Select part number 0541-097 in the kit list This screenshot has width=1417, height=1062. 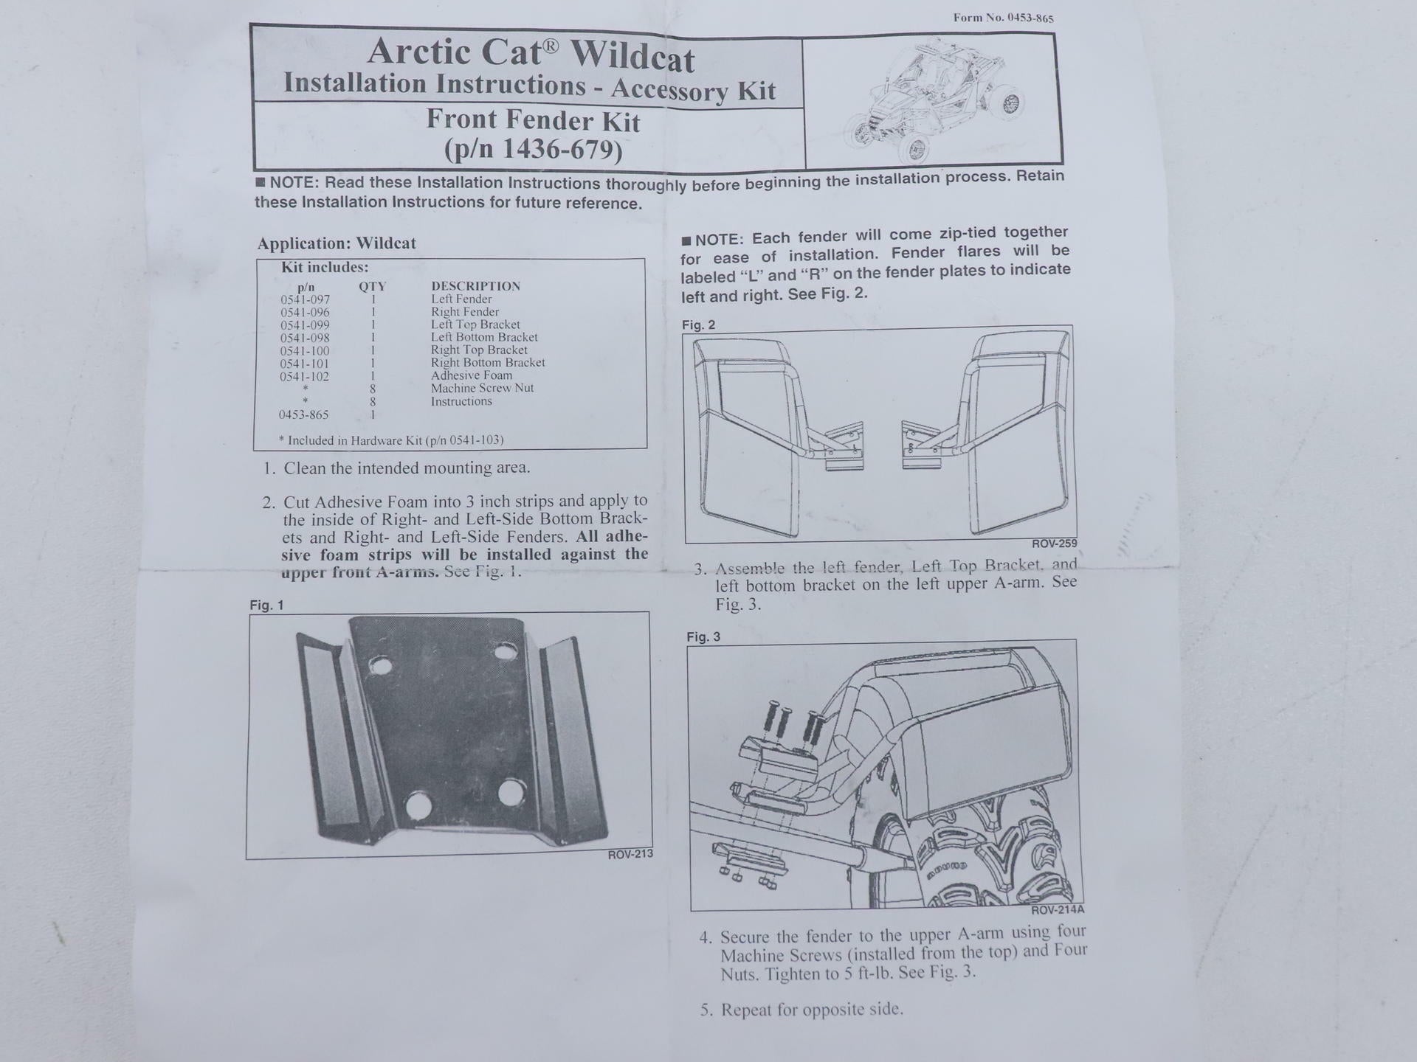[x=305, y=299]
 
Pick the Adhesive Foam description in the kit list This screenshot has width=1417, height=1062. [x=472, y=375]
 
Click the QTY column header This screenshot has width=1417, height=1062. [x=372, y=286]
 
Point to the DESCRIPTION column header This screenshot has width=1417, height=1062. [x=475, y=286]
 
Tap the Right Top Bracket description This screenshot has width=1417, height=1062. [x=479, y=350]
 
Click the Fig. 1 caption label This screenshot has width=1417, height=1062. [x=266, y=605]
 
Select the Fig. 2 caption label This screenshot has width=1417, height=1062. [x=698, y=324]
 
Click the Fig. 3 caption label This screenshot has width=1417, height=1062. [x=703, y=636]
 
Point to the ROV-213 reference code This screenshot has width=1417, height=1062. [x=630, y=854]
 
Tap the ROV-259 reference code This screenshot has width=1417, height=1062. [x=1055, y=544]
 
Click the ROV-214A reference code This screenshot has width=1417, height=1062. [x=1058, y=909]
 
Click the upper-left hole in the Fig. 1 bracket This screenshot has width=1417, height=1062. [x=381, y=666]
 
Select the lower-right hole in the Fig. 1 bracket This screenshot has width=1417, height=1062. [x=510, y=793]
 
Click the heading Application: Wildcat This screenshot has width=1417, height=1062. [x=337, y=243]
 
